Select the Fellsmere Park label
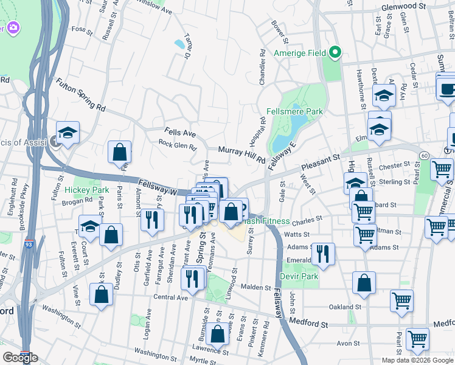point(294,111)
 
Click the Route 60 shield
point(424,156)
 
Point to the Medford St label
point(308,325)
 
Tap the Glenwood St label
point(403,5)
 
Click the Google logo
point(20,358)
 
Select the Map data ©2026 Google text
point(417,360)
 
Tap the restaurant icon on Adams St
point(323,253)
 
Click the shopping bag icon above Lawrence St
point(218,333)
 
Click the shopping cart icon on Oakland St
point(401,300)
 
